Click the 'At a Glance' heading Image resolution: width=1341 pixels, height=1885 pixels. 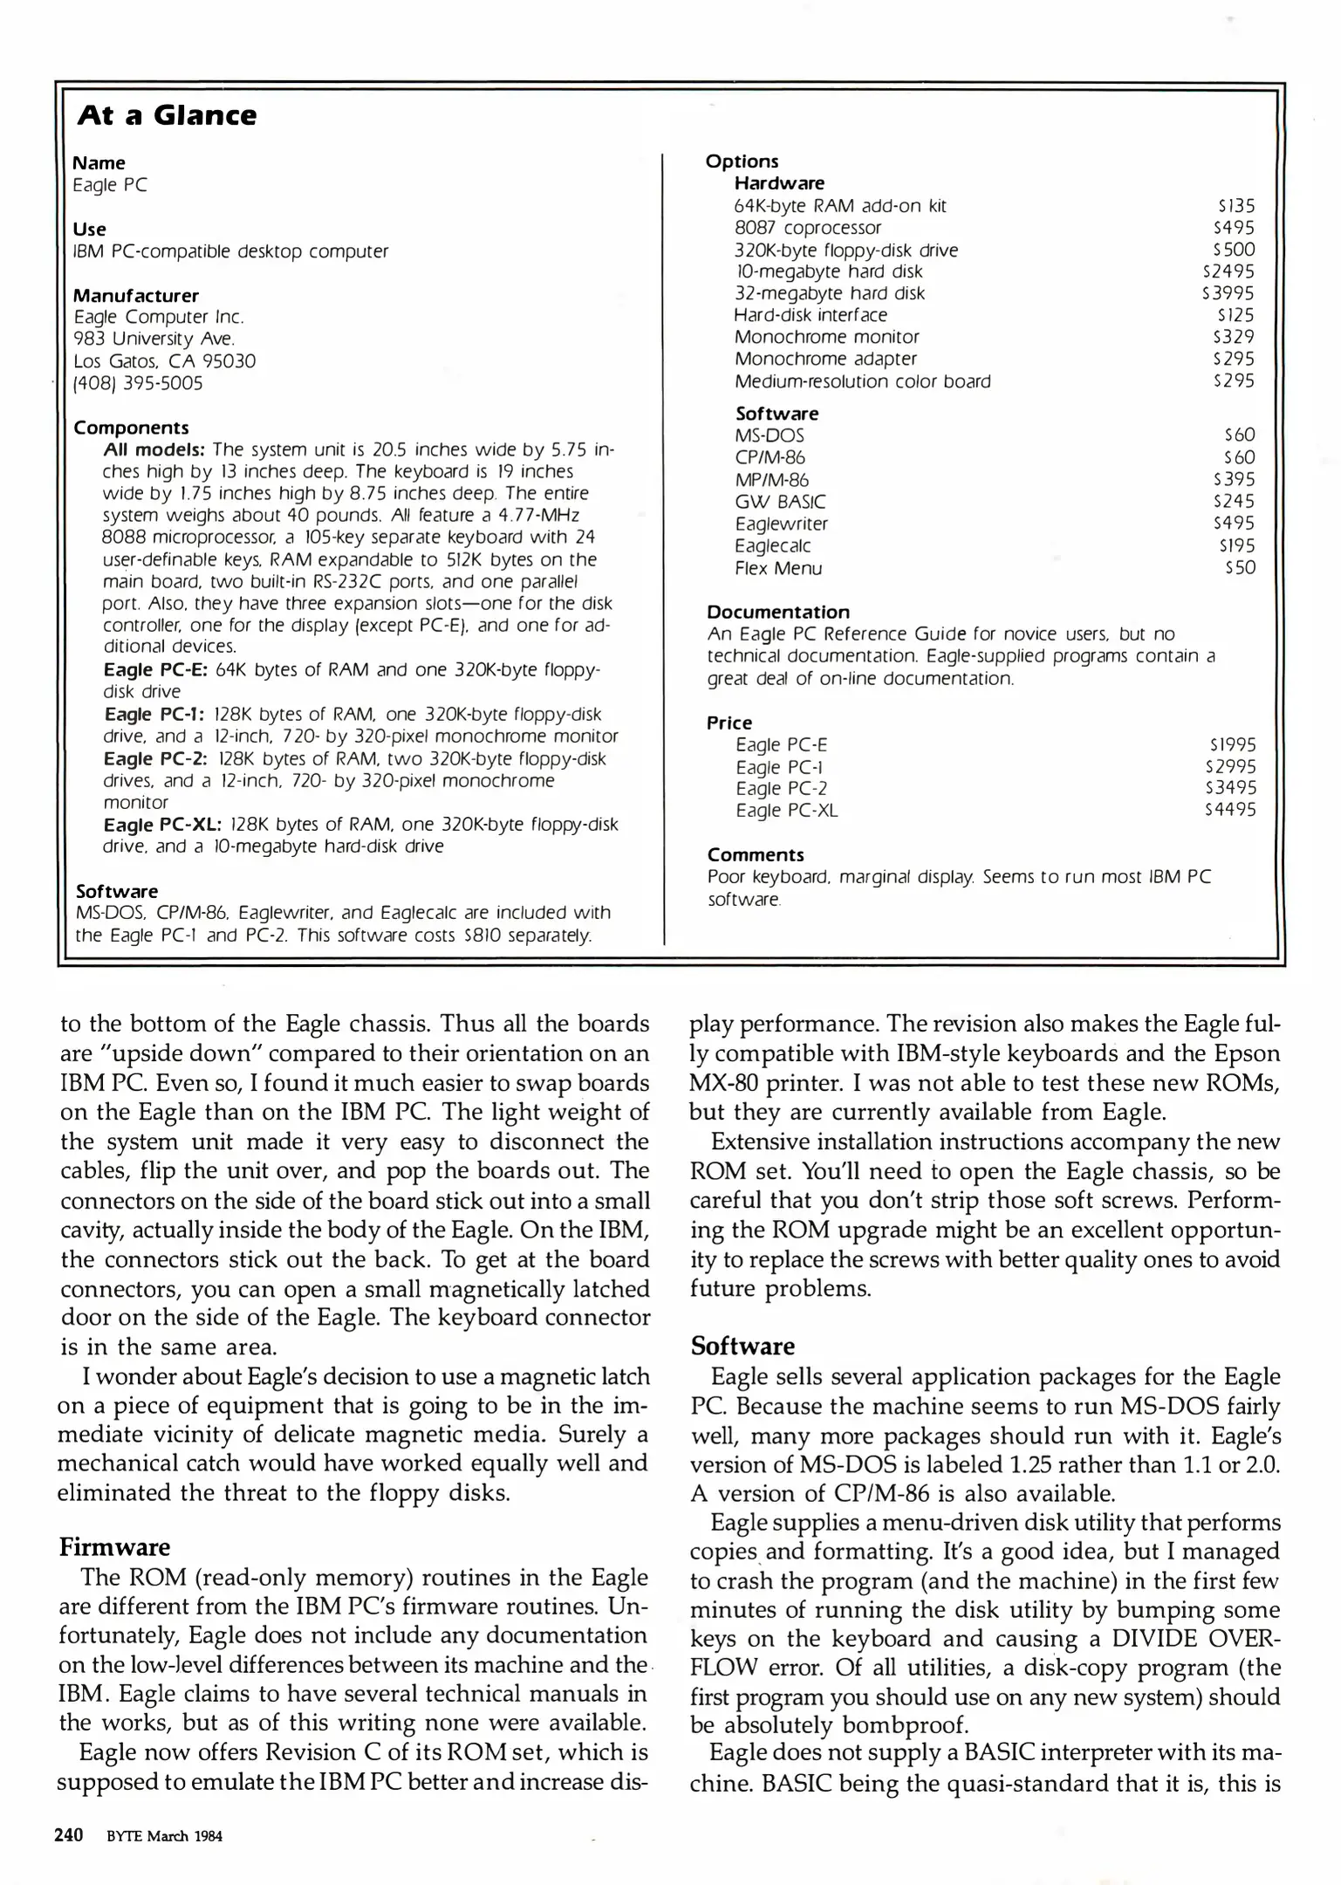point(167,115)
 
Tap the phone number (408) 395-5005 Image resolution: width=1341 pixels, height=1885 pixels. point(138,383)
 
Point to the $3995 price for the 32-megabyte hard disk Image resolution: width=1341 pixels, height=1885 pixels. point(1228,293)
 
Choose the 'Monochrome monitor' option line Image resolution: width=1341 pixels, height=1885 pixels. point(826,337)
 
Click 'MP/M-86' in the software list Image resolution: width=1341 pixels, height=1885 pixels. point(771,480)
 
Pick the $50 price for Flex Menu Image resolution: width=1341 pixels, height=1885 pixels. point(1240,567)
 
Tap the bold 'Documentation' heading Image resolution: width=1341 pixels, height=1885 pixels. point(778,612)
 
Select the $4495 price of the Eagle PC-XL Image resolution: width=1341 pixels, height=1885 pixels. point(1230,810)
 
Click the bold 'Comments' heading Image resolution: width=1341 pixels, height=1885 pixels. point(756,854)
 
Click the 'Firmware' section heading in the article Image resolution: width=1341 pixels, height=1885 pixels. point(114,1547)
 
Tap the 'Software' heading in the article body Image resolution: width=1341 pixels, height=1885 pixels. point(742,1346)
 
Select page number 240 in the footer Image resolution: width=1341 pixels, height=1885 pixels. point(69,1834)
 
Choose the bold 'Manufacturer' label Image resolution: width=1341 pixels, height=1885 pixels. point(135,295)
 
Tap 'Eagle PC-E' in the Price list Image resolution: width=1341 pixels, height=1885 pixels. point(781,744)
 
